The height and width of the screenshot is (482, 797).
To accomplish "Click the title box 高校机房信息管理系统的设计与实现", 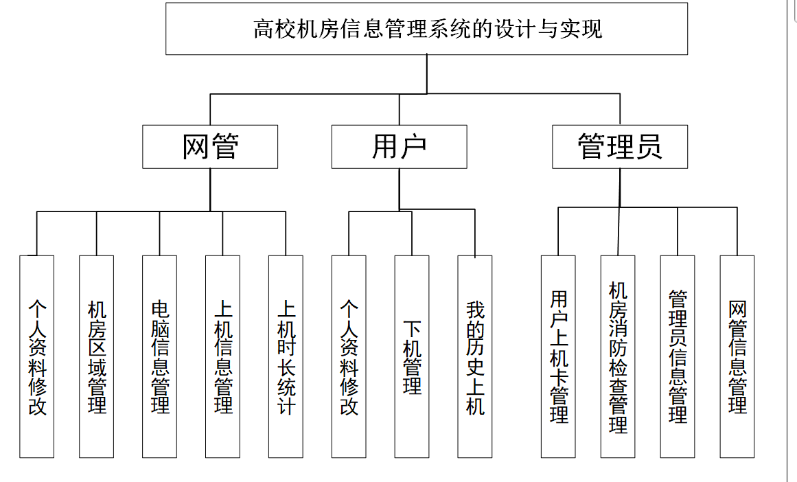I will (x=426, y=29).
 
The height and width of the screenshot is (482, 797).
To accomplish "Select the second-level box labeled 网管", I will (x=210, y=146).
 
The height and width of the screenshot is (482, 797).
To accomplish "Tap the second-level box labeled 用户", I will (x=399, y=146).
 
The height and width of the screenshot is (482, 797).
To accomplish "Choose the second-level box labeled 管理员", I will (x=619, y=146).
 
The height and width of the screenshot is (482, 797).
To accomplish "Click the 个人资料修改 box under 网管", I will (x=37, y=356).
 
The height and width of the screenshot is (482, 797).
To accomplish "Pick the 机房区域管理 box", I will (x=97, y=356).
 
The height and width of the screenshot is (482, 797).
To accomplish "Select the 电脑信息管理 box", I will (x=160, y=356).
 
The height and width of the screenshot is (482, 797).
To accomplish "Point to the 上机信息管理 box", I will (x=223, y=356).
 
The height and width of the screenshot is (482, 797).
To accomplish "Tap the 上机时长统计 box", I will (x=286, y=356).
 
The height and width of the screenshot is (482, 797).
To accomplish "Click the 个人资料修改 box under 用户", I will (x=349, y=356).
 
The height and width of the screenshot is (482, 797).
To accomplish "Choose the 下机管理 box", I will (x=412, y=356).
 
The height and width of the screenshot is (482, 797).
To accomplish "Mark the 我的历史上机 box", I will (x=475, y=356).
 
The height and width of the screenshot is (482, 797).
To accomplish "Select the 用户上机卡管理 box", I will (x=558, y=356).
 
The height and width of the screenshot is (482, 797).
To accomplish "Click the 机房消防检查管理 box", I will (x=618, y=356).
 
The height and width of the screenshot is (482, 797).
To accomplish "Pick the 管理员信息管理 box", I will (x=678, y=356).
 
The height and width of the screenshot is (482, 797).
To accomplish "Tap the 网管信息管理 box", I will (x=737, y=356).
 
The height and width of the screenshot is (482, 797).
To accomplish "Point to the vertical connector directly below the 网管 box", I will (x=210, y=189).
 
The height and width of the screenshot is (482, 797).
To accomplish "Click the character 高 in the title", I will (x=264, y=30).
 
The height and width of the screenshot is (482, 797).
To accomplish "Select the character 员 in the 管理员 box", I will (x=648, y=146).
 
